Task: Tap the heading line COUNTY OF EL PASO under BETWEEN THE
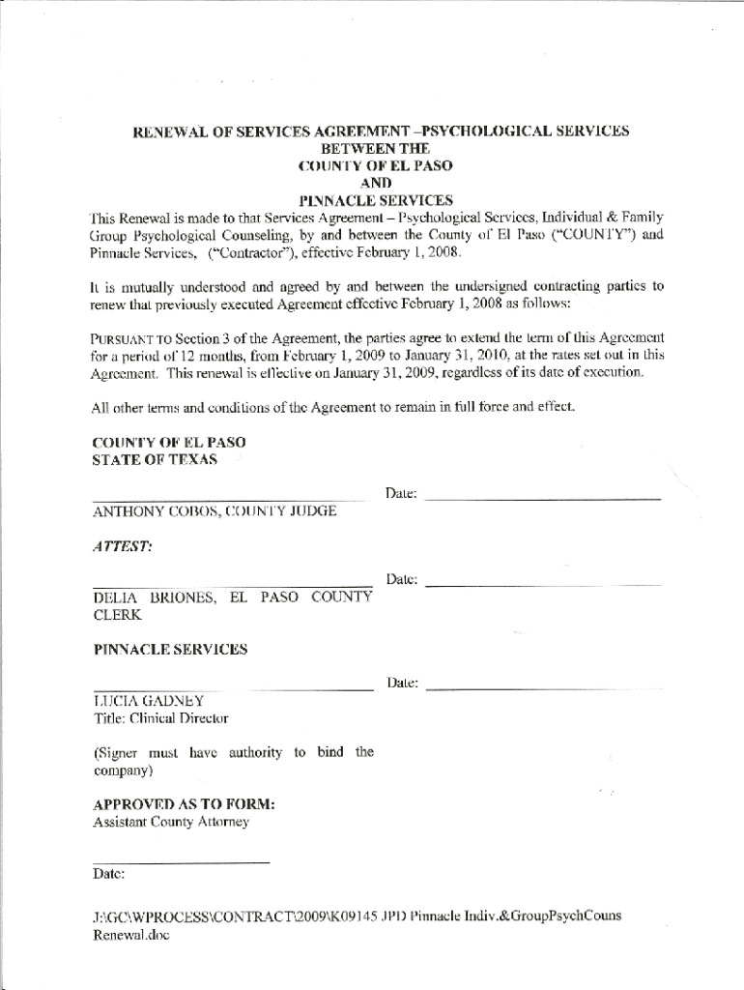click(x=376, y=165)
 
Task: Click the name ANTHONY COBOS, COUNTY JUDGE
click(x=215, y=510)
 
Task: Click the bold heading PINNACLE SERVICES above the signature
click(x=169, y=650)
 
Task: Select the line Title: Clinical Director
click(x=160, y=718)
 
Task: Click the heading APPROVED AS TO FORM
click(x=184, y=804)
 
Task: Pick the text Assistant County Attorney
click(x=170, y=822)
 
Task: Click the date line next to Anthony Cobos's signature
click(x=542, y=498)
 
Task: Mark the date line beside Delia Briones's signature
click(x=543, y=585)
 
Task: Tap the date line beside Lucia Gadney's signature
click(x=543, y=688)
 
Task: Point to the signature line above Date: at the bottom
click(x=180, y=860)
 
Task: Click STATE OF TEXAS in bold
click(x=155, y=460)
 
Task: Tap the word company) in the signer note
click(x=122, y=772)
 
